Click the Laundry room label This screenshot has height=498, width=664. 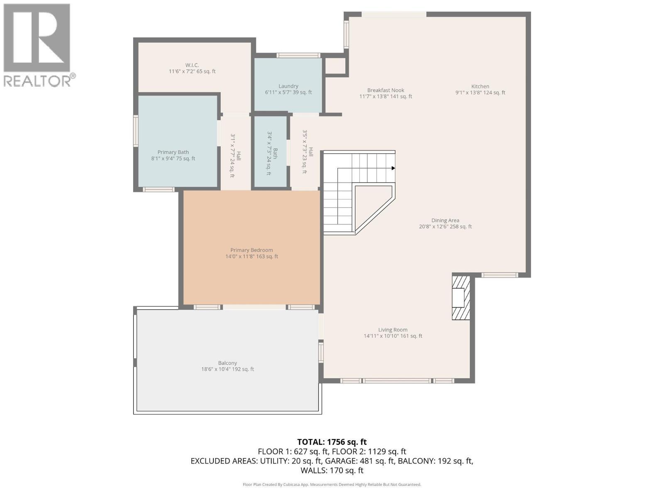tap(288, 86)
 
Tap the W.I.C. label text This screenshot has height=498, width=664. tap(192, 65)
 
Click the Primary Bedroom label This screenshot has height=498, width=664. tap(251, 250)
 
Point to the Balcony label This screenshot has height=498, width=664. tap(227, 363)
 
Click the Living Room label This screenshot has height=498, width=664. tap(393, 330)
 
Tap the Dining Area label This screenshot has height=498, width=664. tap(445, 221)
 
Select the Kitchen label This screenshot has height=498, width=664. tap(480, 87)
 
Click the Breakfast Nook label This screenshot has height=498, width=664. tap(386, 90)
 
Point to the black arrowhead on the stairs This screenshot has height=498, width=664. tap(393, 168)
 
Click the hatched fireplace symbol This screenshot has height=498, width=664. tap(461, 298)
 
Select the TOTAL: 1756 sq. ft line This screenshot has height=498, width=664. tap(332, 442)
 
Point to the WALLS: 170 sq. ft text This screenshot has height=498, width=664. tap(332, 471)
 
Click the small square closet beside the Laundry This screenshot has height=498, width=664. tap(335, 66)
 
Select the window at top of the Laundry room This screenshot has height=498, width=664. tap(298, 55)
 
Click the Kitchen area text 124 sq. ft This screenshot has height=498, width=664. tap(493, 93)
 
